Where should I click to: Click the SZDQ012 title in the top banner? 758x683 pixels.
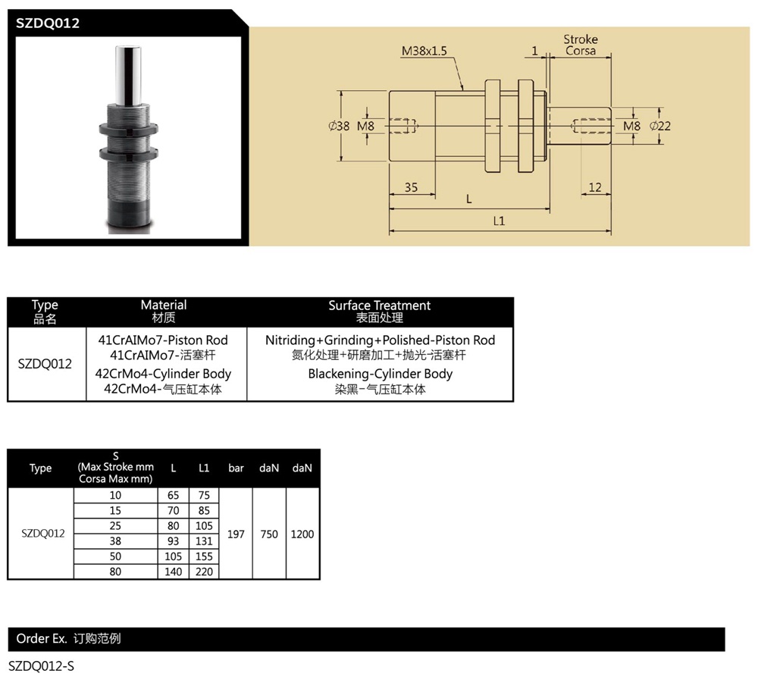[48, 23]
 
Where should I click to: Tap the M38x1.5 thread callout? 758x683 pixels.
[424, 52]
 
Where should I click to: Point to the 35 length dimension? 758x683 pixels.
[411, 187]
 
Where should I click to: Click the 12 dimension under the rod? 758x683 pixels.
[595, 187]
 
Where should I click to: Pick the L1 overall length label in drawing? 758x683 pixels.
[499, 221]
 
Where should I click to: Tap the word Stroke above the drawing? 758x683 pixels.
[581, 39]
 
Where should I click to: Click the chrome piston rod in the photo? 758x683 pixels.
[127, 76]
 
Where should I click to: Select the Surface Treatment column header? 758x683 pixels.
[379, 305]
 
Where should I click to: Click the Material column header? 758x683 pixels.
[164, 305]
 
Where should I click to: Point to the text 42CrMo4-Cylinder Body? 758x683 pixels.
[163, 374]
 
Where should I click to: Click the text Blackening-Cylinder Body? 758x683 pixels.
[380, 374]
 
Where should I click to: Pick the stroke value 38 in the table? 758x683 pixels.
[115, 541]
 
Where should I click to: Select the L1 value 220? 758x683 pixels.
[204, 572]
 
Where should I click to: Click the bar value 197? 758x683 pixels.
[236, 534]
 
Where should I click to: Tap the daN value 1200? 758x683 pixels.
[302, 534]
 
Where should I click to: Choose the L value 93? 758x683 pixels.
[174, 541]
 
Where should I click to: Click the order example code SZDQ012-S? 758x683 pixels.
[41, 666]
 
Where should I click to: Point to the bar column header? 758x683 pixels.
[236, 468]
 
